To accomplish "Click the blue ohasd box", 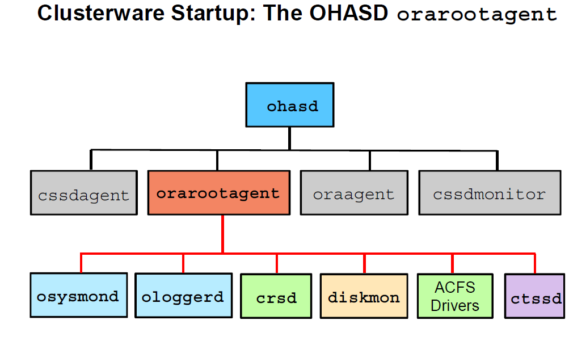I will tap(289, 105).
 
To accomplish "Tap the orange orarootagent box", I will tap(218, 193).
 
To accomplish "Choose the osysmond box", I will tap(78, 295).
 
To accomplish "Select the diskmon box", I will tap(364, 296).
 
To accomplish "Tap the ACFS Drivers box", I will tap(454, 296).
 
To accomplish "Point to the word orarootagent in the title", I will tap(477, 15).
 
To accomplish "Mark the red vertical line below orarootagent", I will tap(222, 234).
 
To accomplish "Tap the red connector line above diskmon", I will tap(364, 263).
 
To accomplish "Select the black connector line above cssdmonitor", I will tap(497, 160).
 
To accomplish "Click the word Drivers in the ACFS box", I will tap(454, 305).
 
